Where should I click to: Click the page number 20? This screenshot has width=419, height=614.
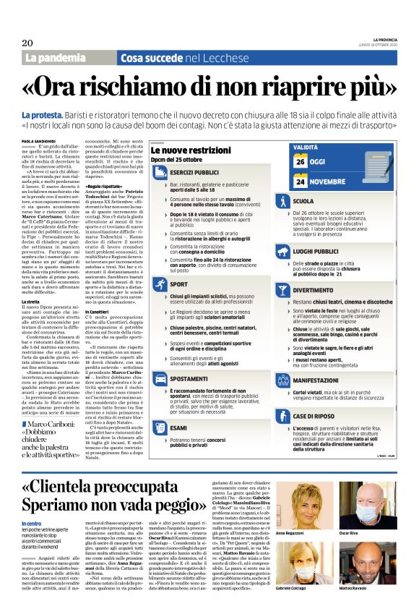[x=27, y=43]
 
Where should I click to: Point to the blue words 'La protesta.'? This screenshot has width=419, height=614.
[x=41, y=116]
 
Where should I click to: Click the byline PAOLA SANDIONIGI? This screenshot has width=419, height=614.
[x=37, y=141]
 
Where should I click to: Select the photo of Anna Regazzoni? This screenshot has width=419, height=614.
[x=309, y=486]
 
